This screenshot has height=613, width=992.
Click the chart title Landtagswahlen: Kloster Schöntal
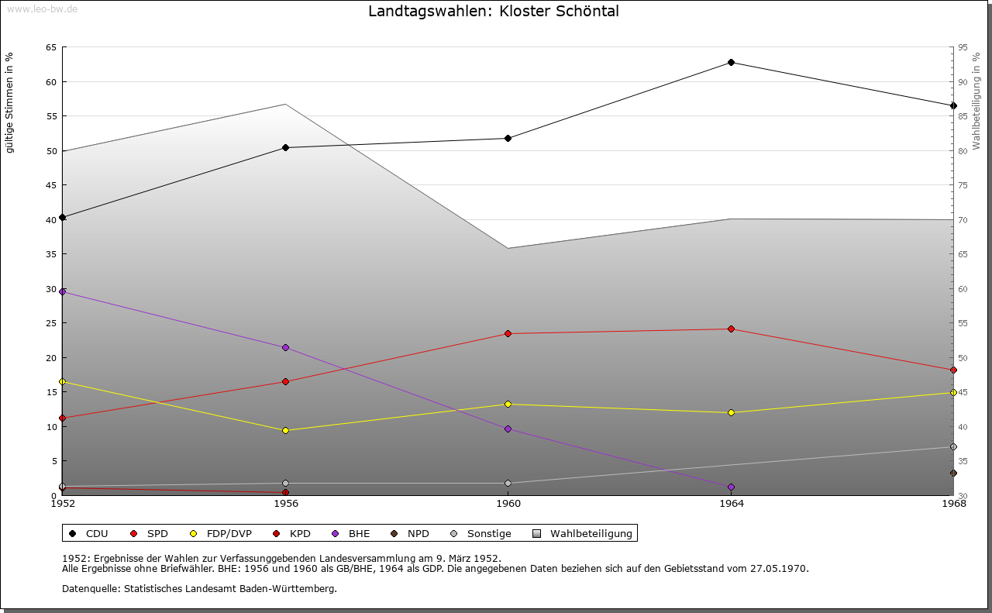coord(494,12)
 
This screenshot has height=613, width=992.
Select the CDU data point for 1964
coord(731,62)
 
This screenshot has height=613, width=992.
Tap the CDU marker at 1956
coord(285,147)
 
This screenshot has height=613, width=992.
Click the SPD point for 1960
coord(508,333)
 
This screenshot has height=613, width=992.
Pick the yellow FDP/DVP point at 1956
coord(285,430)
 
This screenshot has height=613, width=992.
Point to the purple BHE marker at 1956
coord(285,347)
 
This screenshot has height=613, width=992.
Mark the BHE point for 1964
coord(731,487)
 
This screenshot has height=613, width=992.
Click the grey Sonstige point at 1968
coord(953,446)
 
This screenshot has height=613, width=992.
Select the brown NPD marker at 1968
coord(953,473)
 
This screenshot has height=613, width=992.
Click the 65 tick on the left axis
coord(51,47)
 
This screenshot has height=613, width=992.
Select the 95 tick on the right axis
coord(963,47)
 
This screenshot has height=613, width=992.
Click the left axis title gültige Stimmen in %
coord(10,102)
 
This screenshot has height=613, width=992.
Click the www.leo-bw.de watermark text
coord(41,9)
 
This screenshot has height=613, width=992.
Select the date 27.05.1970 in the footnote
coord(779,569)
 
